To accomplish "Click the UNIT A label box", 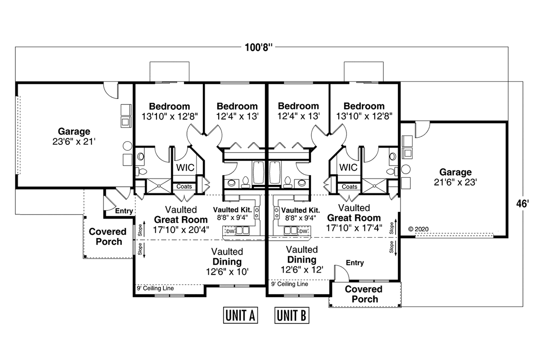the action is pos(240,315).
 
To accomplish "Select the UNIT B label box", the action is pos(292,315).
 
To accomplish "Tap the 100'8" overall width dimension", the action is pos(258,48).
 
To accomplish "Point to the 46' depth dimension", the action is pos(522,204).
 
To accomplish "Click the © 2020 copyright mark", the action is pos(418,229).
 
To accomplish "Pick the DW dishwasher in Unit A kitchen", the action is pos(230,231).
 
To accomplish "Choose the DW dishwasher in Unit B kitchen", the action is pos(303,231).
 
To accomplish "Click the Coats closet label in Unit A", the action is pos(184,186).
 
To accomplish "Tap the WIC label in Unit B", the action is pos(348,167).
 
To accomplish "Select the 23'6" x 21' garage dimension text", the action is pos(74,142).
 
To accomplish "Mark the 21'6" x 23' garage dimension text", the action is pos(455,182).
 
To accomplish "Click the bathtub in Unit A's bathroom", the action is pos(258,173).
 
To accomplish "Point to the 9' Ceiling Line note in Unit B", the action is pos(289,284).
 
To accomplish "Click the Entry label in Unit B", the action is pos(355,263).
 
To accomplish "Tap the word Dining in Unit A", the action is pos(227,261).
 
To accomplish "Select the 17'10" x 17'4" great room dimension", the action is pos(354,228).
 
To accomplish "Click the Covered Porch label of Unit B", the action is pos(364,294).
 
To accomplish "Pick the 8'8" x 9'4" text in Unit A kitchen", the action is pos(232,218).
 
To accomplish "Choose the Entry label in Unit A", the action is pos(124,211).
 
